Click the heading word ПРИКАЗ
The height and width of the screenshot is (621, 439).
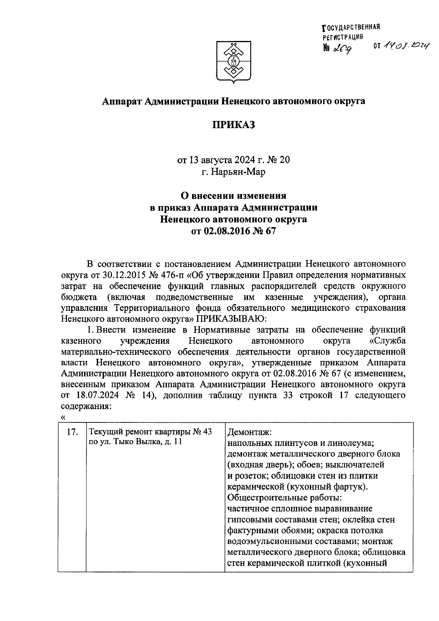(x=233, y=125)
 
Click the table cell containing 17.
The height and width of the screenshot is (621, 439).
(x=72, y=432)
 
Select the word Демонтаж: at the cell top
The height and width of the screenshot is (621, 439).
(x=249, y=432)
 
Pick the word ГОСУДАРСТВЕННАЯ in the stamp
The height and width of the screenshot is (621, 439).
(x=352, y=28)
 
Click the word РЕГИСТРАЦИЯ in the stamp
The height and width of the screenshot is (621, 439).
(x=342, y=37)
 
